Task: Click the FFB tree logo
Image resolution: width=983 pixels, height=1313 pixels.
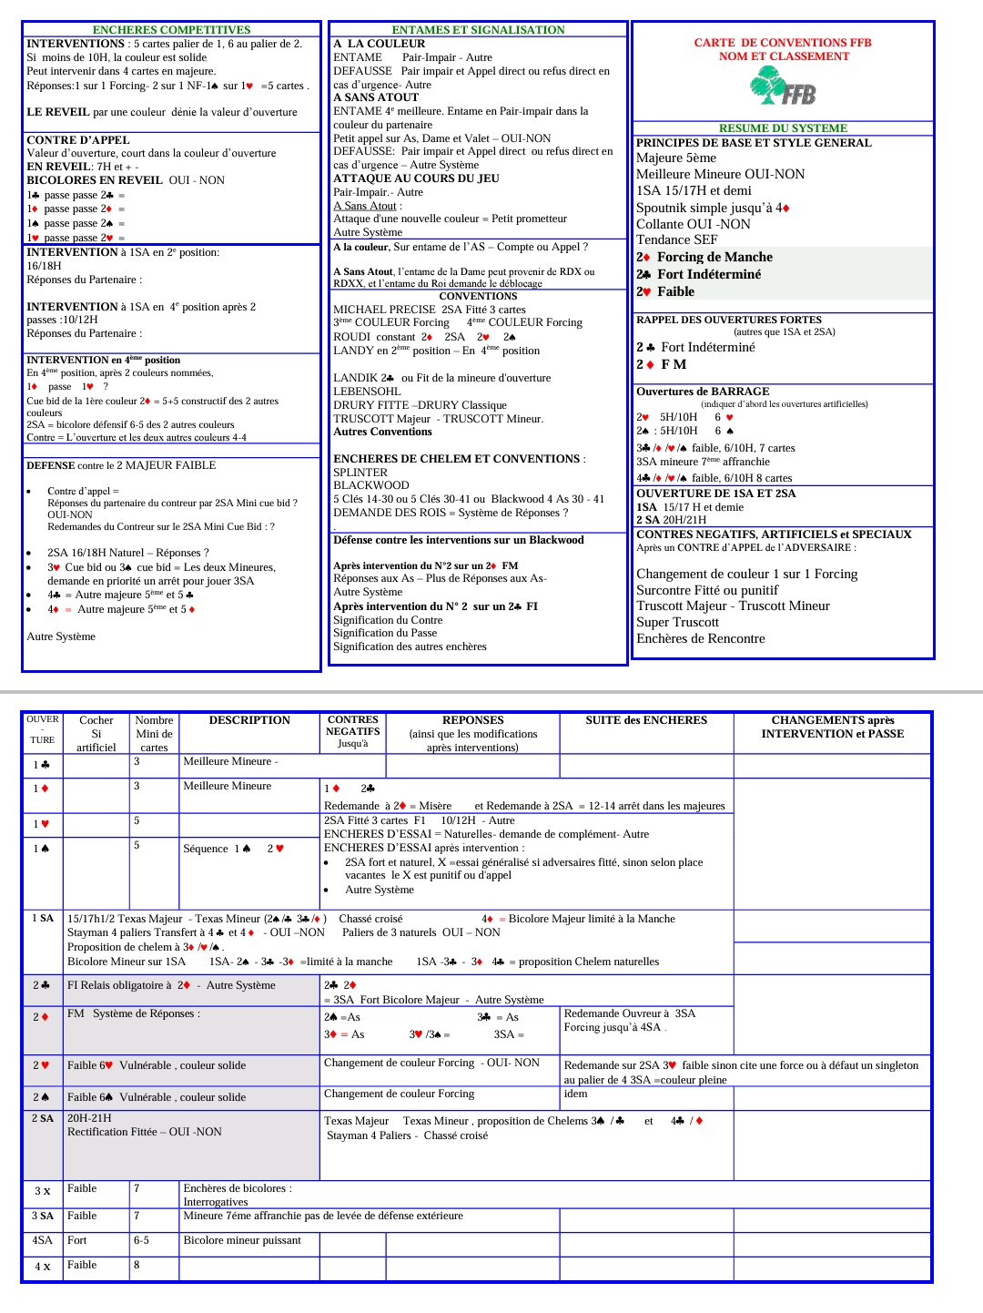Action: (x=782, y=88)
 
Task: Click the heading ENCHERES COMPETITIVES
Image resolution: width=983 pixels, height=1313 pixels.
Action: (x=171, y=30)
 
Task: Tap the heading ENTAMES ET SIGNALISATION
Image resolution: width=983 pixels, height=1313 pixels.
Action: (x=478, y=30)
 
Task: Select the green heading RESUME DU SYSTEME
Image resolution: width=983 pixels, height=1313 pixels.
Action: (x=783, y=128)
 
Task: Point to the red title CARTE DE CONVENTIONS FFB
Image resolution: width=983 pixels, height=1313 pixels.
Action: (x=783, y=43)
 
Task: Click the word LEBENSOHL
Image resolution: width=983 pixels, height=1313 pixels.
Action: (x=367, y=392)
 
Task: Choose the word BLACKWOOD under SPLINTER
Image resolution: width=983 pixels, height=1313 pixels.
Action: (x=371, y=485)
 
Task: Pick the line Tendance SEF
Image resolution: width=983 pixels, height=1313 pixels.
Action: (x=676, y=239)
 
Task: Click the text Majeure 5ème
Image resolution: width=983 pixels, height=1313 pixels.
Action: (x=676, y=158)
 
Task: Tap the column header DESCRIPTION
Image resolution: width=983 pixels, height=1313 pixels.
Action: (x=249, y=720)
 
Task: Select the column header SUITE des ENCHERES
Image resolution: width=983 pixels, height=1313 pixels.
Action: (x=646, y=720)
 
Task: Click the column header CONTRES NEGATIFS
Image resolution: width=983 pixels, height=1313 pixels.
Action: (x=353, y=726)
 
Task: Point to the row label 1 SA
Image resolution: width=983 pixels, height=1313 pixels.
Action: (x=43, y=919)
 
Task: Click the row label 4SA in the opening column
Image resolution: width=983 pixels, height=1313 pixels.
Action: (x=43, y=1240)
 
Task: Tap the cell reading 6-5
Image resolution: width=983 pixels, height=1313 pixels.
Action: (x=141, y=1240)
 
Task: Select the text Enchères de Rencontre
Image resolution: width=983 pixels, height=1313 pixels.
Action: (x=701, y=638)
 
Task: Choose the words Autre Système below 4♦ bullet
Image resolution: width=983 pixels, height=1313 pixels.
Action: (x=61, y=636)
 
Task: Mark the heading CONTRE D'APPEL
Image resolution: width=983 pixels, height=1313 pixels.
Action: (x=78, y=140)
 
